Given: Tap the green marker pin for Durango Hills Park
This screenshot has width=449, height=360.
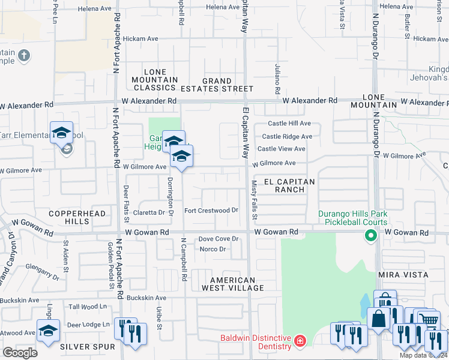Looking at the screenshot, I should click(x=370, y=236).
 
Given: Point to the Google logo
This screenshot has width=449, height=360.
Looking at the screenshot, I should click(x=20, y=352).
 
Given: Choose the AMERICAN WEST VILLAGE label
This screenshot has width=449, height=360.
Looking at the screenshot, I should click(x=237, y=284).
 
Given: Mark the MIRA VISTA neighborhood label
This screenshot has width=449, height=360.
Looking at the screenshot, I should click(x=403, y=275).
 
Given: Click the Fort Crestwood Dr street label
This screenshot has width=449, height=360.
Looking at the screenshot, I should click(x=211, y=211).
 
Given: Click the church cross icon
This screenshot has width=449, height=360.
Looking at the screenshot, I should click(x=24, y=57).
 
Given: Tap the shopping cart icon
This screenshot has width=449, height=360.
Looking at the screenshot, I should click(x=427, y=319).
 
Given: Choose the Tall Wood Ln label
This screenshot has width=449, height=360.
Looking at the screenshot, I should click(x=87, y=307).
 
